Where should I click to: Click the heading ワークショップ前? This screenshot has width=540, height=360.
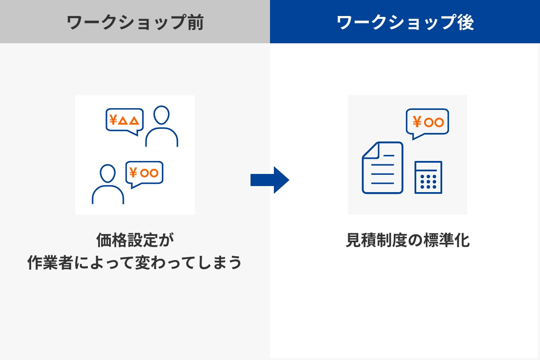pos(135,22)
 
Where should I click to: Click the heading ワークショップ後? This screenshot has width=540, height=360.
pos(405,22)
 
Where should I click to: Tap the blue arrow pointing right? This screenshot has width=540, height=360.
pos(270,180)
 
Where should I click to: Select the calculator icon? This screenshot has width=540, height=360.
pos(428,177)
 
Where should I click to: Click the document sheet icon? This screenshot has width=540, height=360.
pos(382,167)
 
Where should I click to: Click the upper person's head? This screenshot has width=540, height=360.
pos(161,115)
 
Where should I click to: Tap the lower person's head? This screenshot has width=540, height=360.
pos(107,174)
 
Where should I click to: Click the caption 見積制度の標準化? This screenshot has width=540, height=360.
pos(408,240)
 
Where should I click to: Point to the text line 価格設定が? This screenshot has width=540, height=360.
pos(135,240)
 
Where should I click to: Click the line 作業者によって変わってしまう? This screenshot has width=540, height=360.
pos(135,262)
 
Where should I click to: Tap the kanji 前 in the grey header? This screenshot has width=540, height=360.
pos(196,22)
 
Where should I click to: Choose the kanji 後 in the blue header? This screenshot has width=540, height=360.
pos(466,22)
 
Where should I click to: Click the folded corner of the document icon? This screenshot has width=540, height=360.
pos(371,151)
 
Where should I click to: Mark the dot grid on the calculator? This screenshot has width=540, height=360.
pos(428,182)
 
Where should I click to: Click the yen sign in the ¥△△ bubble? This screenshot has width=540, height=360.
pos(113,119)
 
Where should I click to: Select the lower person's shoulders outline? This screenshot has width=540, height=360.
pos(108,195)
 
